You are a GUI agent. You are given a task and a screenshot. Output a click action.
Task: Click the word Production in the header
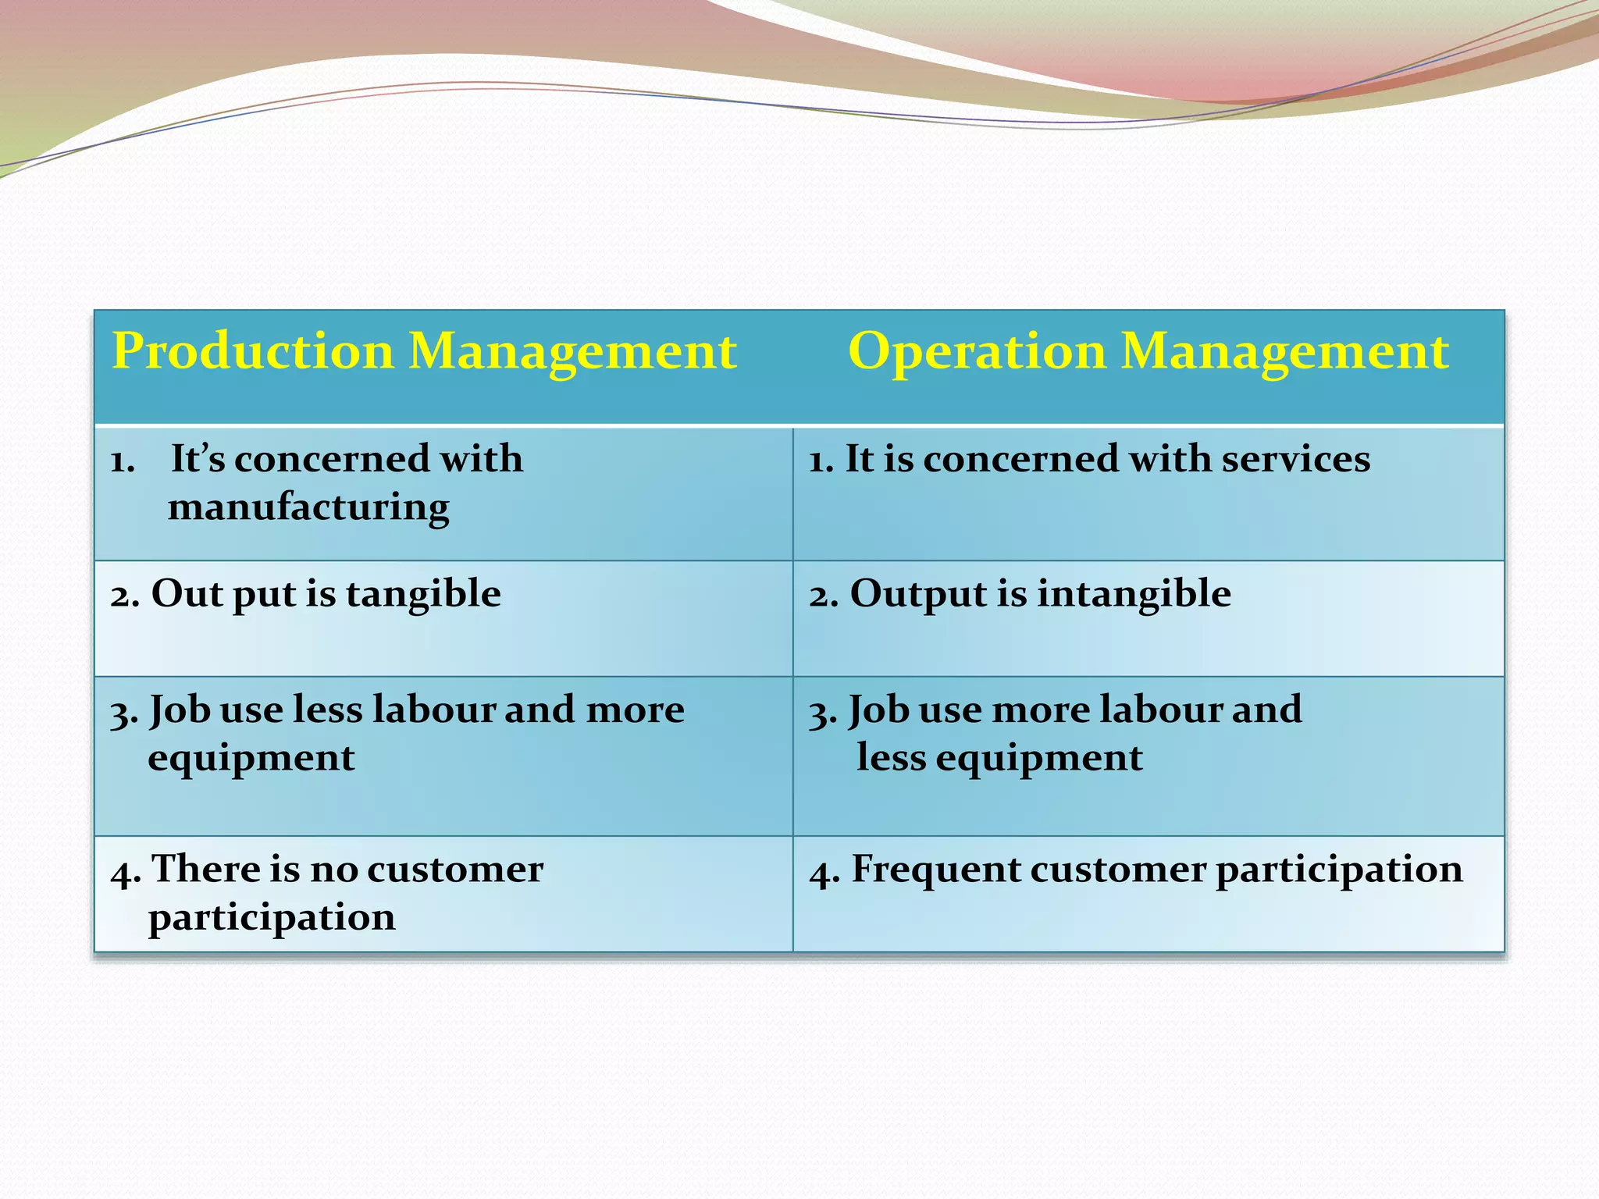(252, 351)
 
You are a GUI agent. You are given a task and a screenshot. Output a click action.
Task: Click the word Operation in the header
(977, 351)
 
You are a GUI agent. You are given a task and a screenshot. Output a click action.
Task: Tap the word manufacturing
(308, 507)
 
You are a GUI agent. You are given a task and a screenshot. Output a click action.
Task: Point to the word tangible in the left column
(423, 594)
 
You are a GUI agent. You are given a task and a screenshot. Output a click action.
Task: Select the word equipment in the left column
(251, 758)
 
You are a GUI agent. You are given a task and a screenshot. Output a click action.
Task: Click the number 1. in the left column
(123, 461)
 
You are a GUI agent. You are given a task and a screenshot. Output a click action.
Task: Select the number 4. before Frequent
(824, 872)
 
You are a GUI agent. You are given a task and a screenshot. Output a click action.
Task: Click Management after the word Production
(572, 351)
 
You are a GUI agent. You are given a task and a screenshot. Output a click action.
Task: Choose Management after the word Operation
(1284, 351)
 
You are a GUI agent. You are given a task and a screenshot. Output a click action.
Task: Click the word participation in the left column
(272, 919)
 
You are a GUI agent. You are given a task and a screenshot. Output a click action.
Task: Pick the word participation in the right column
(1339, 870)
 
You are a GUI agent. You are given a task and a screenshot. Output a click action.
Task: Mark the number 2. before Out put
(125, 596)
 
